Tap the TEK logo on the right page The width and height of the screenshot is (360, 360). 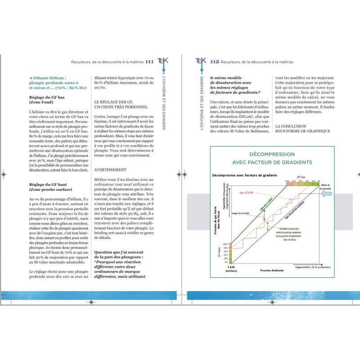pos(201,61)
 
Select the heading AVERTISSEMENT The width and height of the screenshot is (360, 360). pos(110,170)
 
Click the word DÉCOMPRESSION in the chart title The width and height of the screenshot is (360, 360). pos(272,154)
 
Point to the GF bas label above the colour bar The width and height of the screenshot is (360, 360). pos(300,178)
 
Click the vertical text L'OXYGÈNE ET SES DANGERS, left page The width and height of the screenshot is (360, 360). pos(163,104)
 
